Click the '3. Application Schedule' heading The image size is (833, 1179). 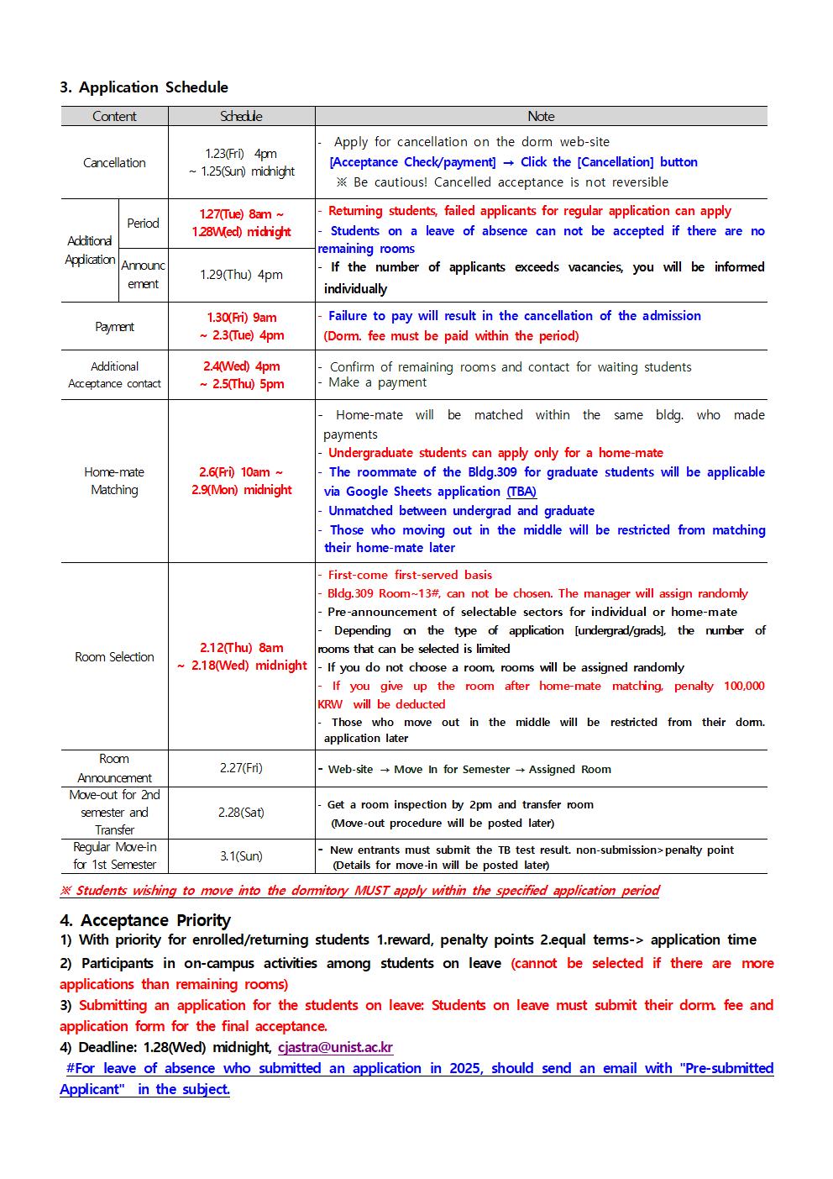click(x=144, y=87)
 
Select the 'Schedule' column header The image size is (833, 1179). click(x=241, y=117)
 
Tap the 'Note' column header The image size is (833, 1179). click(x=541, y=117)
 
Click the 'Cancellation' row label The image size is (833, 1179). click(x=114, y=163)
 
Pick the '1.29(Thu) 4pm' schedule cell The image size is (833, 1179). click(x=241, y=275)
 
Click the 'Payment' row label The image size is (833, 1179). click(x=114, y=327)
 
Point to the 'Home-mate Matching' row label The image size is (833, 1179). click(x=114, y=481)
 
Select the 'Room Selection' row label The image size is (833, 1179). click(x=114, y=657)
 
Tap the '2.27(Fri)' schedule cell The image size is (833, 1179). click(x=241, y=768)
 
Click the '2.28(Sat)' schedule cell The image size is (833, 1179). click(x=241, y=813)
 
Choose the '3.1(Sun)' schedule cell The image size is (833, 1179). click(x=241, y=856)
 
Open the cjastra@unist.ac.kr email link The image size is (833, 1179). click(x=335, y=1047)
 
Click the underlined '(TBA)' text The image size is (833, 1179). click(x=521, y=492)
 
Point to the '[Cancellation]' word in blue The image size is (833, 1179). click(x=616, y=162)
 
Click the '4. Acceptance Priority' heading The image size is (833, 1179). click(x=145, y=920)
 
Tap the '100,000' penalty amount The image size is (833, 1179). click(x=744, y=686)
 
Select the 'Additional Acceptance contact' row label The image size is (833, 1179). click(x=114, y=375)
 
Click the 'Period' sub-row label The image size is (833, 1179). click(x=143, y=224)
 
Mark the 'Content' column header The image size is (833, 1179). click(x=114, y=117)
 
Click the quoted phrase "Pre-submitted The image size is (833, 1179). click(x=726, y=1068)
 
